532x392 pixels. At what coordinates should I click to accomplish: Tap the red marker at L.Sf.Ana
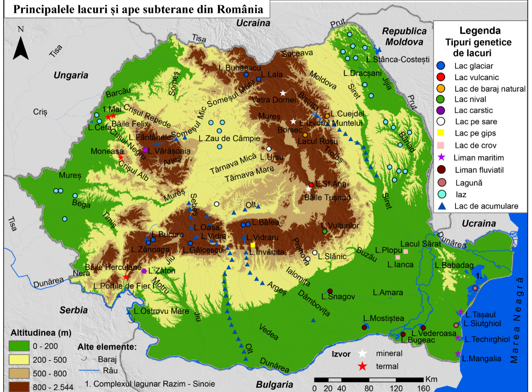311,184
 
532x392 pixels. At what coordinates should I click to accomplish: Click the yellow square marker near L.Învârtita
253,245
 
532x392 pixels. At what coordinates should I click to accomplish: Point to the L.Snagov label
338,296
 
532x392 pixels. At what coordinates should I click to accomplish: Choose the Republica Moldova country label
404,36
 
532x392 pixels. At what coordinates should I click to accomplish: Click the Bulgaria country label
275,384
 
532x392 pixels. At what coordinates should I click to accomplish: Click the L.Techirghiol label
486,339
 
